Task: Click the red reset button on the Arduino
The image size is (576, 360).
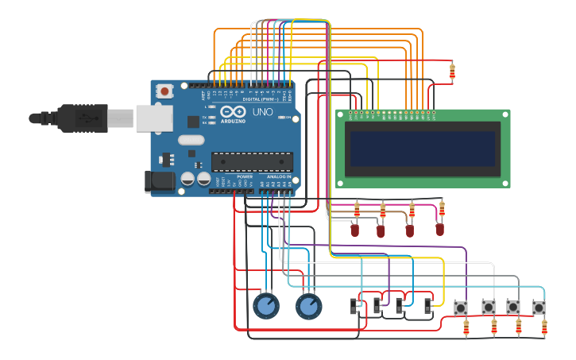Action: coord(164,91)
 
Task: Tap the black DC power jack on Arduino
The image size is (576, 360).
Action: coord(159,182)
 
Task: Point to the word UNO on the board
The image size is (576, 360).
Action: coord(262,113)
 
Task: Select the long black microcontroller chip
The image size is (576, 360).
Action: coord(251,161)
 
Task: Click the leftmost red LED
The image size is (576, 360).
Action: coord(355,230)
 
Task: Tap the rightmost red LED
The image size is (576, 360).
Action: coord(439,229)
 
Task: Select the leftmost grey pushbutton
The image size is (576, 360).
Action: coord(460,307)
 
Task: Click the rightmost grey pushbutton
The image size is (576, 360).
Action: coord(539,307)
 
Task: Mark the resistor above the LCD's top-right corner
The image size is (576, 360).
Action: coord(452,72)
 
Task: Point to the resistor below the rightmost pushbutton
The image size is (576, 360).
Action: coord(544,327)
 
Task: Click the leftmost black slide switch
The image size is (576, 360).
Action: coord(355,305)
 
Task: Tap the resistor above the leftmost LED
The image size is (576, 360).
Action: coord(357,210)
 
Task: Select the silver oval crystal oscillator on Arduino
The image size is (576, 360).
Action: coord(191,141)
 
